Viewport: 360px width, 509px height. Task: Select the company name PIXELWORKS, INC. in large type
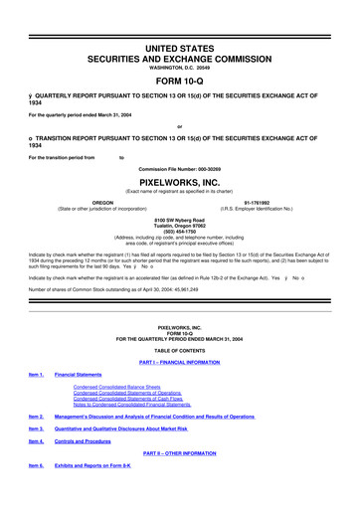[179, 169]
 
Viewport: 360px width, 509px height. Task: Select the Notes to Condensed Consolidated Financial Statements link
[138, 403]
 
